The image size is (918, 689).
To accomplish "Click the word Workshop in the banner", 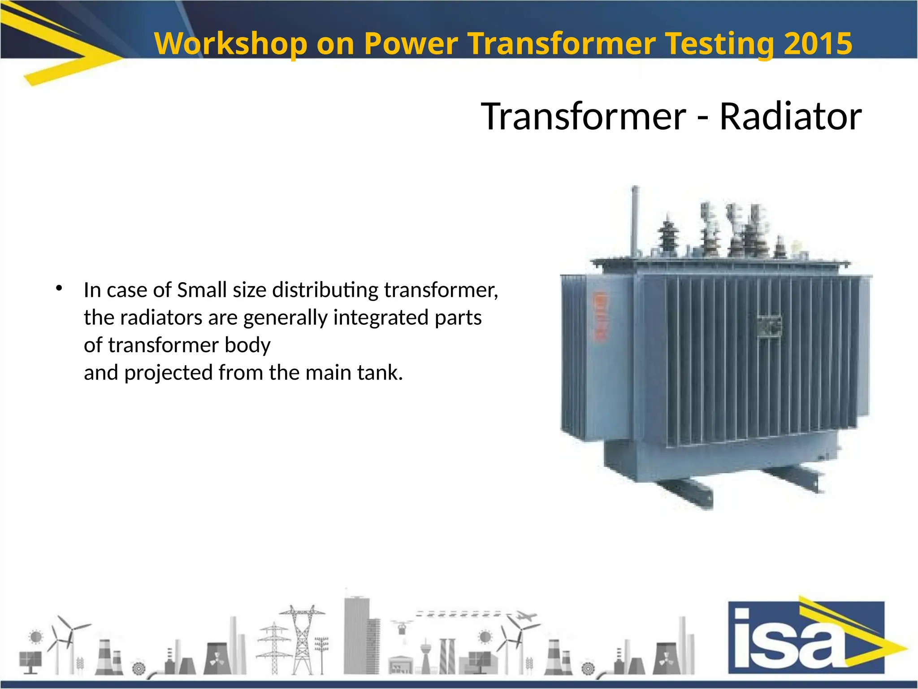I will coord(230,44).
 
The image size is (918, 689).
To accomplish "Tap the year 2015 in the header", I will coord(818,44).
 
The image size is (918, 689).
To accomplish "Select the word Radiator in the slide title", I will coord(790,116).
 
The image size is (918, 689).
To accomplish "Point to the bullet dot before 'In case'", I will coord(59,288).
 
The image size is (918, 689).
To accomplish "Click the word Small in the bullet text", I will coord(202,290).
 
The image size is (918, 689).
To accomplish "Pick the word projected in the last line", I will coord(168,373).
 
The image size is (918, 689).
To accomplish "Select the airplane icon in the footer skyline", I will coord(527,617).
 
